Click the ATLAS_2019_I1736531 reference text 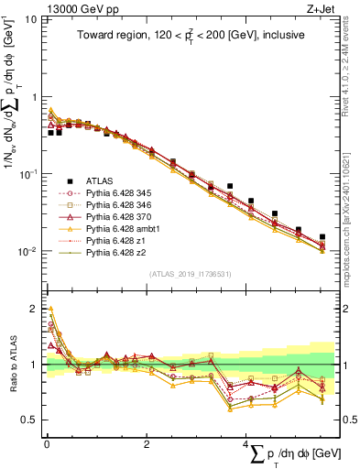(x=183, y=274)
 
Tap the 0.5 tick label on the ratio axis (x=30, y=420)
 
